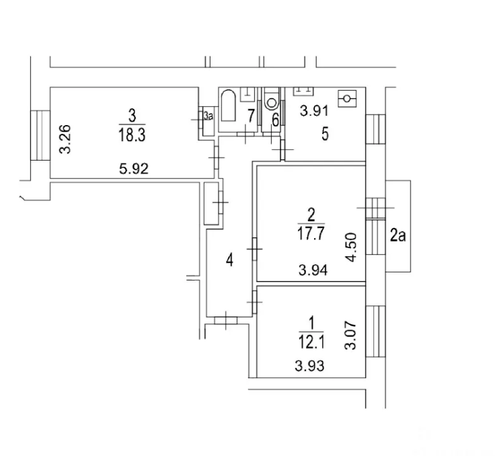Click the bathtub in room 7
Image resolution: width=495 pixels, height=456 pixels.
tap(228, 106)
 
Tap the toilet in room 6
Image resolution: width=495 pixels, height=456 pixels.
tap(272, 98)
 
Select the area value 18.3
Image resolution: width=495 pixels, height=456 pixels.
tap(132, 135)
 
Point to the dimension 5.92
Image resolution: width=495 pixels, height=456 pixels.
tap(134, 169)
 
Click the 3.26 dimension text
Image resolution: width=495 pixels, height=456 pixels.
tap(65, 139)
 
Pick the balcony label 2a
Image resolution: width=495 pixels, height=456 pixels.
tap(397, 235)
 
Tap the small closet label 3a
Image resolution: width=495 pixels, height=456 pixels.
tap(208, 116)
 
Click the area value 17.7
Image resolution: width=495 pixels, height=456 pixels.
tap(311, 234)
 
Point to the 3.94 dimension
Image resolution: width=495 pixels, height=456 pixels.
tap(313, 270)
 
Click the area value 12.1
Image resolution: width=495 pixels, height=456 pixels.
tap(311, 342)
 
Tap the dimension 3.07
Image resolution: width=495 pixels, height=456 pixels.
tap(350, 336)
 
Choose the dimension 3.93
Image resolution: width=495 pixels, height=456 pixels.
tap(309, 366)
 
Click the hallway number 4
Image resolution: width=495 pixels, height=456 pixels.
tap(230, 260)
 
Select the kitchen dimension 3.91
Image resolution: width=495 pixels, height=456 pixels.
tap(314, 111)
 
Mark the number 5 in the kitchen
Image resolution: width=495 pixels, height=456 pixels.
tap(325, 134)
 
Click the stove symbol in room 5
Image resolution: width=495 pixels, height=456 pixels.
tap(347, 98)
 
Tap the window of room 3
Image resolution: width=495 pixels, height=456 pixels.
tap(40, 135)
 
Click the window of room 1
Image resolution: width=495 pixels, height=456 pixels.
tap(376, 332)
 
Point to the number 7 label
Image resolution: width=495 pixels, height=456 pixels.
tap(251, 116)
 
